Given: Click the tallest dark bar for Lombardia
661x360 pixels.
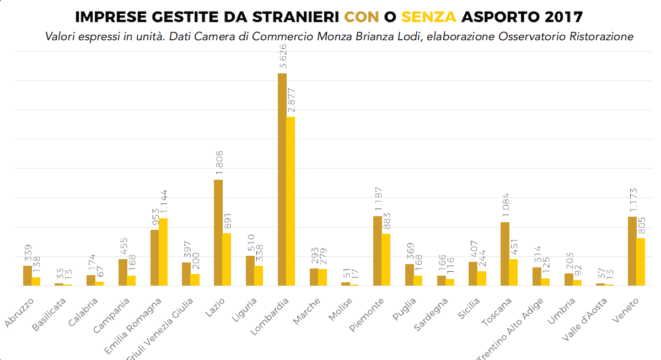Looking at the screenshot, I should click(282, 179).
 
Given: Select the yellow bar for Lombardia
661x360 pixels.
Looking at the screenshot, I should click(291, 201).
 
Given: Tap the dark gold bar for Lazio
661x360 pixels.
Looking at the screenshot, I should click(218, 233).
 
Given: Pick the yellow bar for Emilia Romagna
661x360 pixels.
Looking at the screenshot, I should click(163, 252).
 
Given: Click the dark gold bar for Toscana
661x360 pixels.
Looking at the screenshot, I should click(505, 254).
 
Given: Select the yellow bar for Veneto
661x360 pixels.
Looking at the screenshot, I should click(641, 262).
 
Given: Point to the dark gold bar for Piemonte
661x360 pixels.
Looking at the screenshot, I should click(378, 251).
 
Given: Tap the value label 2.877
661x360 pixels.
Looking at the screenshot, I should click(292, 100).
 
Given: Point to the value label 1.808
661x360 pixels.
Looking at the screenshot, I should click(219, 163).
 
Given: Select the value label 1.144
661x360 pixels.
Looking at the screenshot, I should click(164, 203).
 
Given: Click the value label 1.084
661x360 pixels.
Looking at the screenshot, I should click(506, 206).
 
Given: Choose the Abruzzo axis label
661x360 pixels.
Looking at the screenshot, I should click(20, 311).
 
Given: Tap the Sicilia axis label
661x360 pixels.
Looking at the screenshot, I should click(468, 309).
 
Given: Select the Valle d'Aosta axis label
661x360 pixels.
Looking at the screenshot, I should click(585, 319).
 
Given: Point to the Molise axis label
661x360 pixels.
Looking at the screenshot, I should click(341, 309).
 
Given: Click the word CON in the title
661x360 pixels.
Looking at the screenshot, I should click(362, 17).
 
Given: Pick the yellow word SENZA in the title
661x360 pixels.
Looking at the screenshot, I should click(429, 17).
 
